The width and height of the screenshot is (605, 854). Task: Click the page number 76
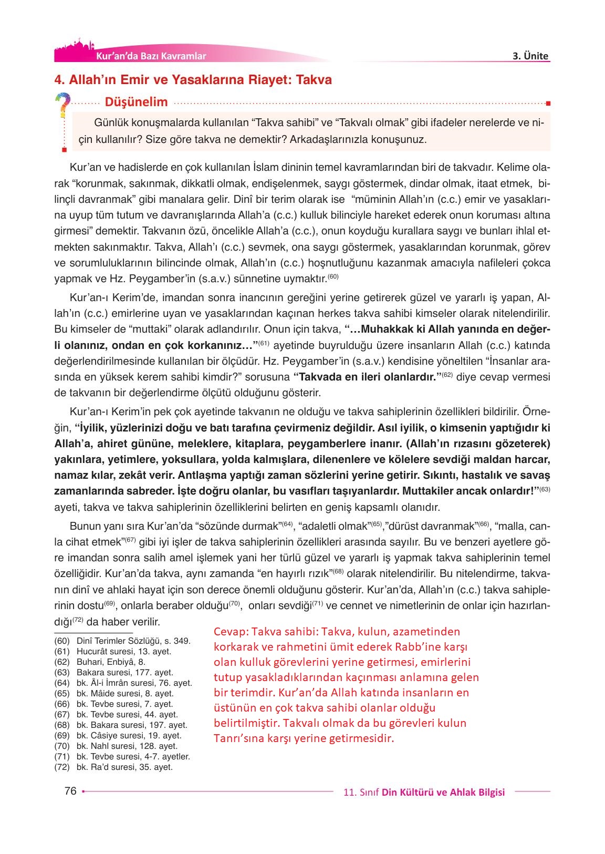pos(70,791)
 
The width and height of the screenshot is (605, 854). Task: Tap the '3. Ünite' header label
pos(530,56)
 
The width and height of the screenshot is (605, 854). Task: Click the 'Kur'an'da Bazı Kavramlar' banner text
pos(151,56)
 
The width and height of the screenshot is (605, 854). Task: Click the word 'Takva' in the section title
pos(314,80)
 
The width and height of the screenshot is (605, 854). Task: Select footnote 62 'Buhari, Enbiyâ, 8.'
pos(111,662)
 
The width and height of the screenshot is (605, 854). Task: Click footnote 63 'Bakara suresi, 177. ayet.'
pos(124,673)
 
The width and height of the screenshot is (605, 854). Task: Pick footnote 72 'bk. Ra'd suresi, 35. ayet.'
pos(124,767)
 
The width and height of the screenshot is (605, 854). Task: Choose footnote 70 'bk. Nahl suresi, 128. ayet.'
pos(127,746)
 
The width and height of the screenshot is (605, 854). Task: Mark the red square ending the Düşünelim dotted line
pos(548,102)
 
